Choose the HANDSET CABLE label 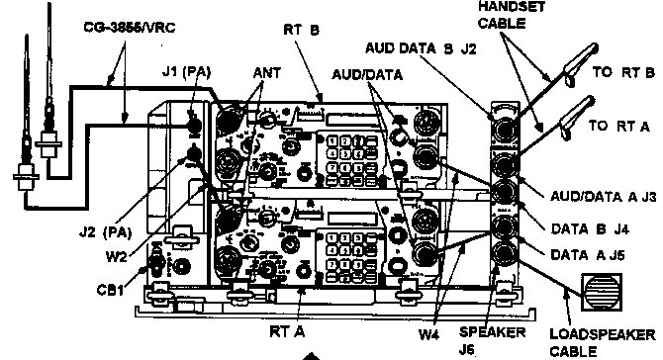[512, 15]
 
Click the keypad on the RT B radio [346, 152]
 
